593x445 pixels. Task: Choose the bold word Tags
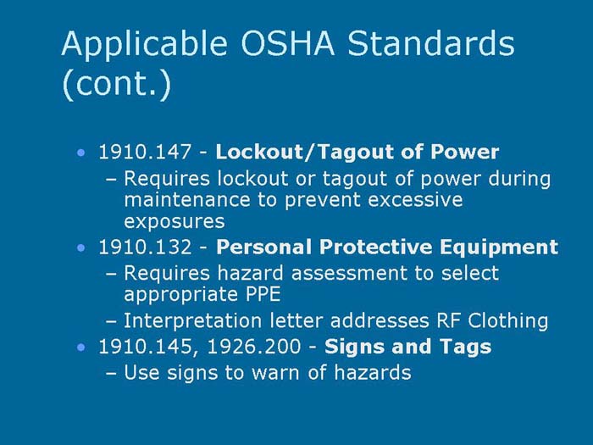coord(468,347)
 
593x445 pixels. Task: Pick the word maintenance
coord(181,201)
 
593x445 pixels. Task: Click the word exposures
coord(174,222)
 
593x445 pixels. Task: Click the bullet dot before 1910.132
coord(80,248)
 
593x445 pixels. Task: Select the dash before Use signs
coord(113,371)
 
